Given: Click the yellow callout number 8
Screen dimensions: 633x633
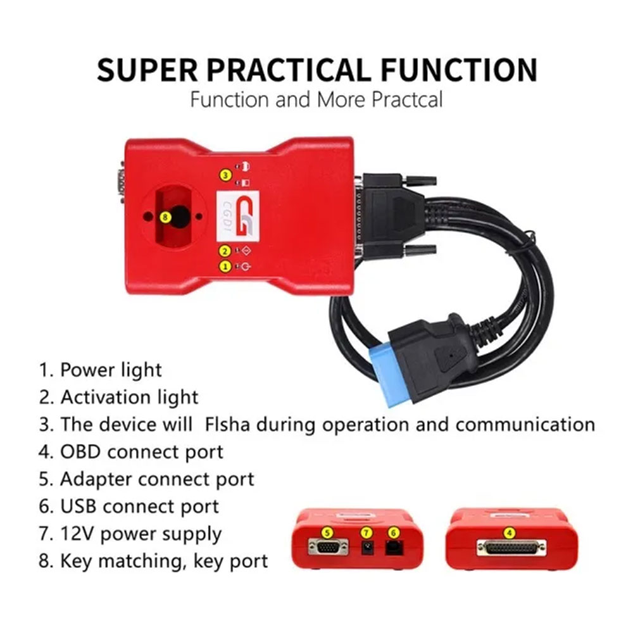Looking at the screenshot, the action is [165, 217].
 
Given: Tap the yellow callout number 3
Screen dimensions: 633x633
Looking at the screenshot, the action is [225, 175].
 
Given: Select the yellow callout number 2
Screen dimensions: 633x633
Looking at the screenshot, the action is [225, 251].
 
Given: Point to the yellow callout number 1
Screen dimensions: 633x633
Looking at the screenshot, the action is [225, 266].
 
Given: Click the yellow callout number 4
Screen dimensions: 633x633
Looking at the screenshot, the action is [510, 533].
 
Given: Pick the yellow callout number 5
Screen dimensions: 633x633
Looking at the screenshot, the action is [327, 533].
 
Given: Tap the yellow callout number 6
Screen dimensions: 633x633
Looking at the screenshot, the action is [394, 533].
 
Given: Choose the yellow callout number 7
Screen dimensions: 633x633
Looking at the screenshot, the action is [366, 533].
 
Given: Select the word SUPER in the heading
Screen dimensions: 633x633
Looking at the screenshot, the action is [147, 70].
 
